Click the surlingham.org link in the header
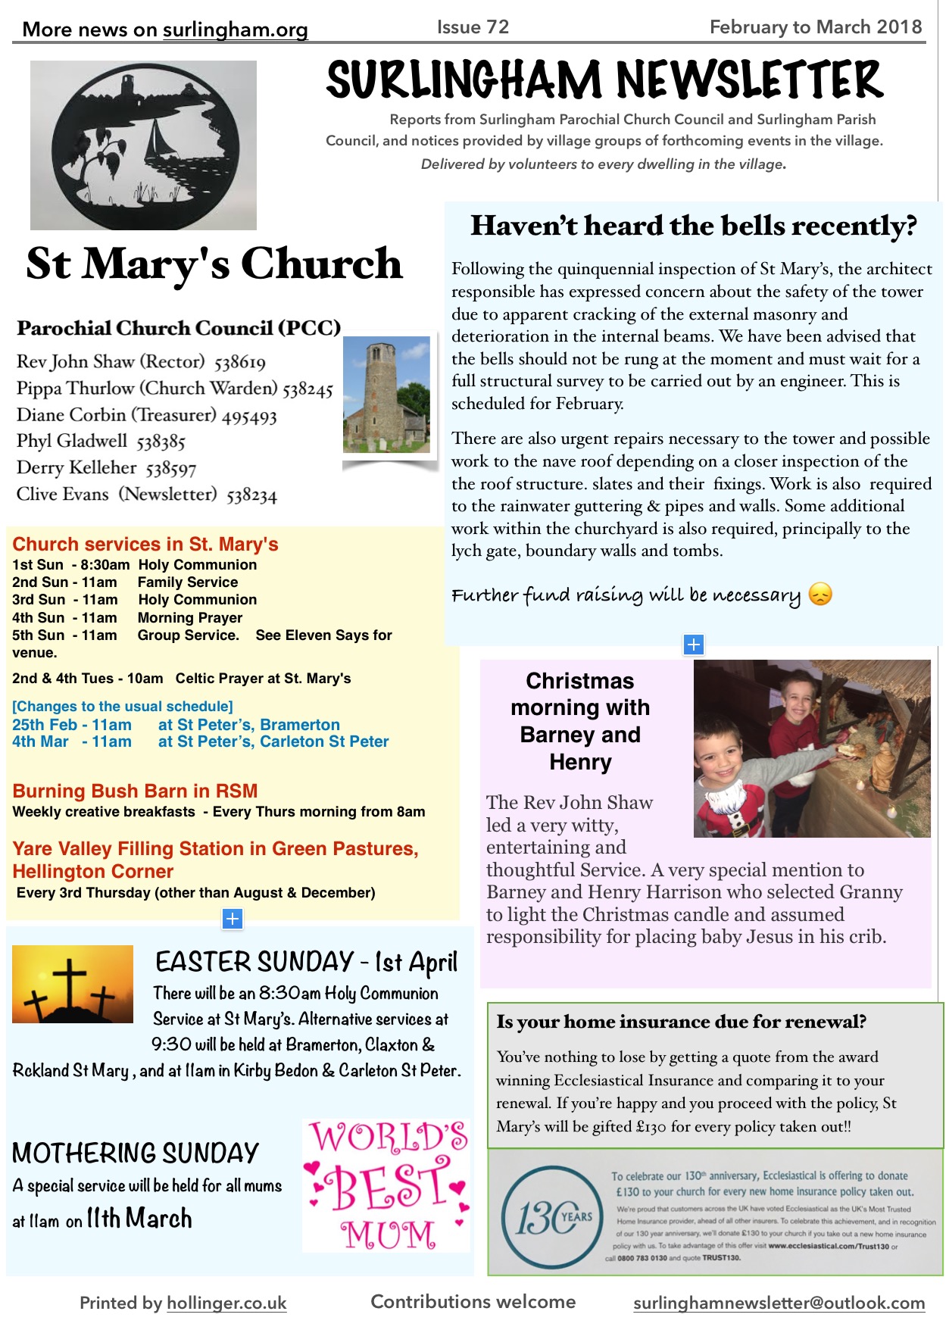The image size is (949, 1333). click(236, 30)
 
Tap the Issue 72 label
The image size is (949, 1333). click(473, 27)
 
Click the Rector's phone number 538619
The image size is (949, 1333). click(240, 362)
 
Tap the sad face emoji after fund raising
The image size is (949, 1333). click(820, 595)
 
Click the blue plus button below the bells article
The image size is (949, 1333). click(694, 645)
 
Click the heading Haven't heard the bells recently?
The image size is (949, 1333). click(693, 226)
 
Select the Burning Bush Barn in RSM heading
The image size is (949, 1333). click(135, 791)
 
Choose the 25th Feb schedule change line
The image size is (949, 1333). click(176, 725)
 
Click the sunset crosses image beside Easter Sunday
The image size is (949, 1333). click(73, 984)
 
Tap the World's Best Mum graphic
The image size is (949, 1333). click(388, 1185)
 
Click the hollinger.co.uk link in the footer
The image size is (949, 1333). click(226, 1303)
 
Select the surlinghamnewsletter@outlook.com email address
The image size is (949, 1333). click(779, 1303)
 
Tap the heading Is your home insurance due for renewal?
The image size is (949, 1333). click(681, 1022)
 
